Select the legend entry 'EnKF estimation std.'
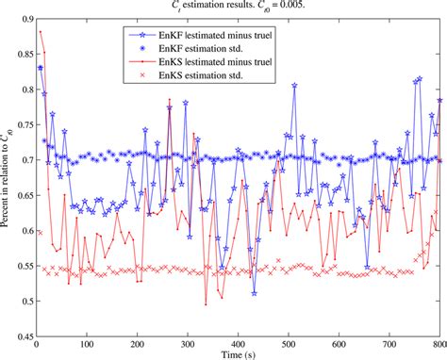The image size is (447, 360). [x=209, y=44]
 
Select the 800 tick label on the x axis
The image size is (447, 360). [x=439, y=343]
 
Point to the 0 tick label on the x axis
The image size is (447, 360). [x=36, y=343]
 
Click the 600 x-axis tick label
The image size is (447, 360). [x=339, y=343]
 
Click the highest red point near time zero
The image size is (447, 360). [x=40, y=32]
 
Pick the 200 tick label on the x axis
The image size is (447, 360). [x=137, y=343]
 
